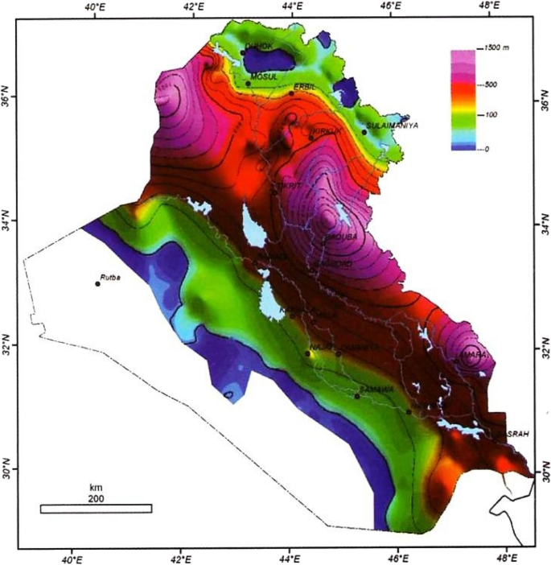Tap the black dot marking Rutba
97,283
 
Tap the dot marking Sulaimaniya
364,131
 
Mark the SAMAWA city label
376,389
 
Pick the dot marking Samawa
357,396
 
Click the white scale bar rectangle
96,508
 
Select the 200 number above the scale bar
97,498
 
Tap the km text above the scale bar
97,488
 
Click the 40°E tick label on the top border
96,8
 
